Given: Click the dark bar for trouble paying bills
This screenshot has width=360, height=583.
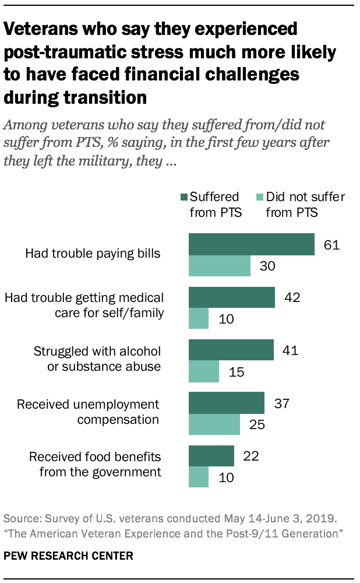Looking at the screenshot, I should click(251, 244).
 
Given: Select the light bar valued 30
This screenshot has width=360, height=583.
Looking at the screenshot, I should click(220, 266).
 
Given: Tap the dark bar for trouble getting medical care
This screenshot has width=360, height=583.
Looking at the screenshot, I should click(232, 297).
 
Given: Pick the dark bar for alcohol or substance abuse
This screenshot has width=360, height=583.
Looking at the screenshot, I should click(231, 350).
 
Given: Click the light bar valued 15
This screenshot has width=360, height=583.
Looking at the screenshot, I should click(204, 371).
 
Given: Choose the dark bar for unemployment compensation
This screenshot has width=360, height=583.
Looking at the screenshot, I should click(227, 403).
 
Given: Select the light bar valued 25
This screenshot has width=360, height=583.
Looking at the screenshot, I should click(214, 424).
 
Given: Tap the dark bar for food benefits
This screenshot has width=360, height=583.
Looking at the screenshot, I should click(211, 456).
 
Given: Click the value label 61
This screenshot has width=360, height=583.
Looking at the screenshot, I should click(331, 244).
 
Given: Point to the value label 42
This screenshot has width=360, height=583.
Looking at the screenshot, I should click(291, 297).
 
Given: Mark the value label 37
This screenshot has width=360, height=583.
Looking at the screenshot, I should click(281, 403).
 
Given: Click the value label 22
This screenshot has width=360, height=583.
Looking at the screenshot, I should click(250, 456).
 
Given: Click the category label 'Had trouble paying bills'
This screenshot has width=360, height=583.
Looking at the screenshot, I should click(93, 254).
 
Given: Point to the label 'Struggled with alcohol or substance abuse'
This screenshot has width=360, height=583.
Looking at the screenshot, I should click(97, 359).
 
